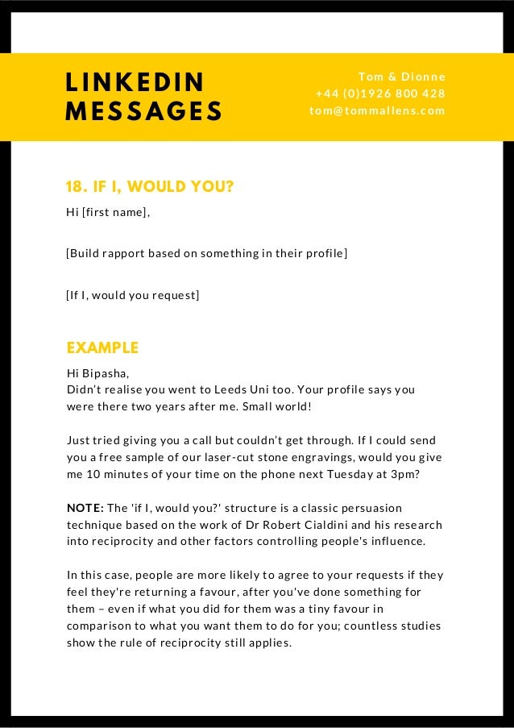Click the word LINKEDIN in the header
coord(135,81)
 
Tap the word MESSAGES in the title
coord(143,110)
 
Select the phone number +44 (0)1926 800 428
coord(380,94)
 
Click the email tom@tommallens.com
coord(377,110)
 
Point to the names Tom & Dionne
coord(401,77)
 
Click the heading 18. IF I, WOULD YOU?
coord(150,188)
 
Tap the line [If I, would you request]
coord(132,296)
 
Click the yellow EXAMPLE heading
coord(102,348)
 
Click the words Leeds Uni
coord(263,389)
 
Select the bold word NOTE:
coord(85,509)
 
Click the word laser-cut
coord(243,457)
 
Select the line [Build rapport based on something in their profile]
coord(206,254)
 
